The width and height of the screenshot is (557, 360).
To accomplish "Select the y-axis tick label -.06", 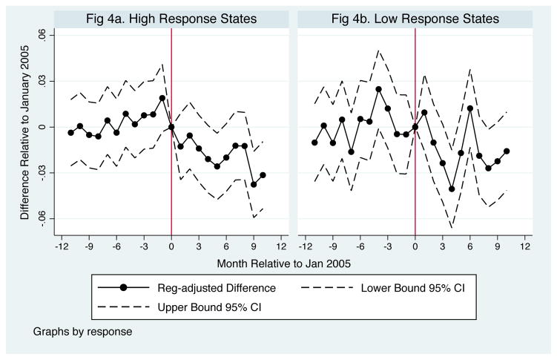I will pyautogui.click(x=42, y=218).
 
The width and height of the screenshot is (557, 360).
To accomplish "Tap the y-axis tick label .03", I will pyautogui.click(x=42, y=81).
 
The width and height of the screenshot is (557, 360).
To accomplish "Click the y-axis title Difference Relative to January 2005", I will pyautogui.click(x=25, y=127).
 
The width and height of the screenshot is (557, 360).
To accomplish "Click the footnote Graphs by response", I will pyautogui.click(x=83, y=331).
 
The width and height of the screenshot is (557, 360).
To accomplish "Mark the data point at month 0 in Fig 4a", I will pyautogui.click(x=171, y=127).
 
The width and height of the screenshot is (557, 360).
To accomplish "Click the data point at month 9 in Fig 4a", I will pyautogui.click(x=254, y=184).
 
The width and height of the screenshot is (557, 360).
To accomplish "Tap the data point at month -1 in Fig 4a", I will pyautogui.click(x=162, y=98).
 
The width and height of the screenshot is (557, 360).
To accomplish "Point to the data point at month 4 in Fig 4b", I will pyautogui.click(x=452, y=189).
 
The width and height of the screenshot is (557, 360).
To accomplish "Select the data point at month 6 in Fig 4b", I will pyautogui.click(x=469, y=108).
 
